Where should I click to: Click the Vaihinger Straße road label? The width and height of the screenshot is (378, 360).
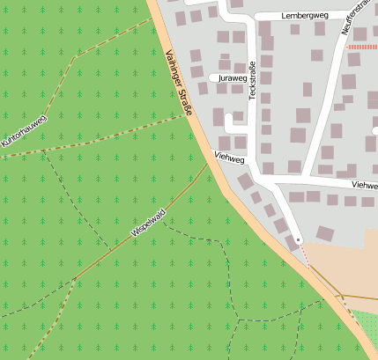tap(178, 85)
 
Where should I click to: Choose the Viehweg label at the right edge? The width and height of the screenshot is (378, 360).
tap(363, 186)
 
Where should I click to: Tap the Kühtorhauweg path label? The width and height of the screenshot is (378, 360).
tap(24, 129)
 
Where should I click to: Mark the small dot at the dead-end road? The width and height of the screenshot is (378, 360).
tap(299, 239)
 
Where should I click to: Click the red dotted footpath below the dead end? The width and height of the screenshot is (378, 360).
tap(305, 254)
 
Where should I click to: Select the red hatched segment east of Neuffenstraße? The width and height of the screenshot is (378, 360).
tap(362, 47)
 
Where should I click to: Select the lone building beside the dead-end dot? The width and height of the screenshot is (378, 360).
tap(325, 233)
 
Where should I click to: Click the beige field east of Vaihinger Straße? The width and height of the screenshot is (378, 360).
tap(344, 264)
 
